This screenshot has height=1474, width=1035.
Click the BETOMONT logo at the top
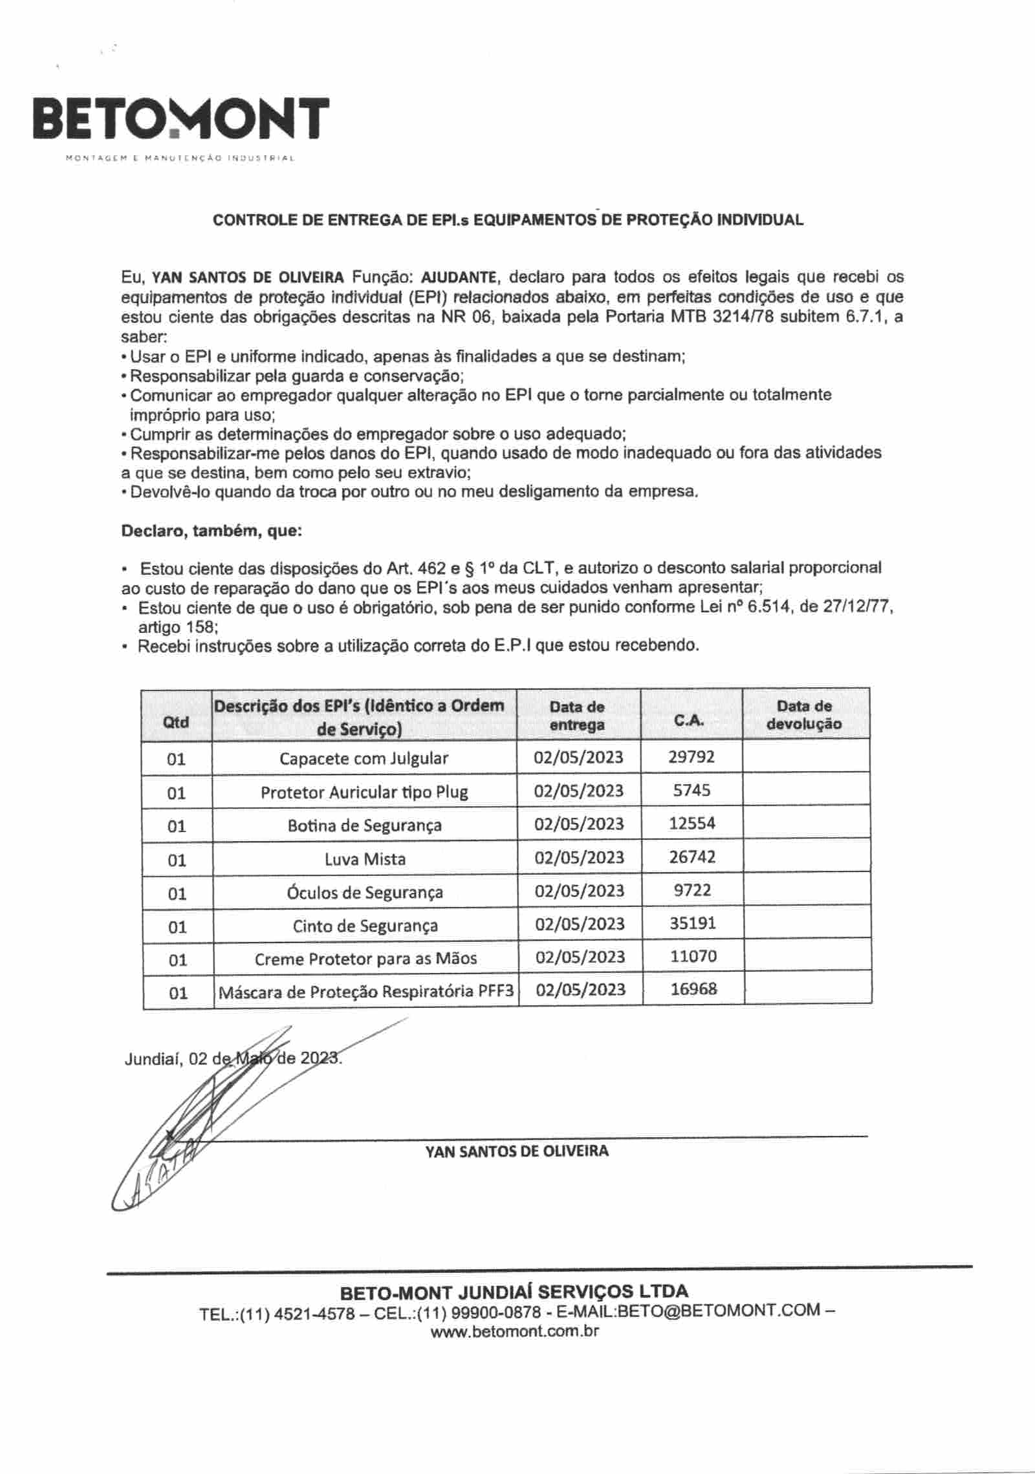pyautogui.click(x=181, y=120)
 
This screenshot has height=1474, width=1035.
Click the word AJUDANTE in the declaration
pyautogui.click(x=459, y=278)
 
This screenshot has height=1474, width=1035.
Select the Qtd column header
pyautogui.click(x=176, y=722)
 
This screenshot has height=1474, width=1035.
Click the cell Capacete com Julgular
pyautogui.click(x=364, y=758)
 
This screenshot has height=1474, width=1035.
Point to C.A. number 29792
pyautogui.click(x=692, y=757)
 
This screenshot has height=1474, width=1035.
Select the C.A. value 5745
pyautogui.click(x=692, y=790)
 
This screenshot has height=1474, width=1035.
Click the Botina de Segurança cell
pyautogui.click(x=365, y=826)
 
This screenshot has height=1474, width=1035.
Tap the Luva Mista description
pyautogui.click(x=365, y=859)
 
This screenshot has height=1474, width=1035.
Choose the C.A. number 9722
pyautogui.click(x=692, y=890)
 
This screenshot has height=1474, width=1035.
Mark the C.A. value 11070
pyautogui.click(x=693, y=956)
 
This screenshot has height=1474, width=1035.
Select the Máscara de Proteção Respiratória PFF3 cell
pyautogui.click(x=366, y=992)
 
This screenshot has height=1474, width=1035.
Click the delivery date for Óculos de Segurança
pyautogui.click(x=580, y=891)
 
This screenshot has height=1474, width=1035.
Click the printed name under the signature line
pyautogui.click(x=517, y=1151)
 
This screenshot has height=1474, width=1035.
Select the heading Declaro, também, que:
pyautogui.click(x=212, y=531)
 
